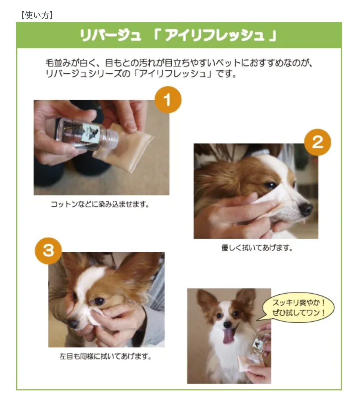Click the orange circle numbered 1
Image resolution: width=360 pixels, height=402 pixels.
[168, 100]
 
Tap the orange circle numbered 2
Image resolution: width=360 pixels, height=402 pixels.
[318, 142]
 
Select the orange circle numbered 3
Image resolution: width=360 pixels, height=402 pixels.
[48, 251]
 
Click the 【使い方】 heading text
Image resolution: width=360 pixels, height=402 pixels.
[37, 15]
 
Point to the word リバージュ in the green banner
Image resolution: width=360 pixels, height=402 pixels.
[110, 35]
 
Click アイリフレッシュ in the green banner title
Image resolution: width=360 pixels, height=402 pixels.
[215, 35]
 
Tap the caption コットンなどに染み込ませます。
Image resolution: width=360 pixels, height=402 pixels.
[100, 204]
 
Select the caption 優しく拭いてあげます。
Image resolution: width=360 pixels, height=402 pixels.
[257, 248]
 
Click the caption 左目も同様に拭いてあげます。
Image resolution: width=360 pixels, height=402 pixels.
[105, 356]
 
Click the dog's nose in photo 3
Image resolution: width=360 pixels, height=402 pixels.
[73, 324]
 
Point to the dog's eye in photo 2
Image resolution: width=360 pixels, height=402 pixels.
[271, 185]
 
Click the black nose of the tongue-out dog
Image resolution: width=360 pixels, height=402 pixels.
[227, 324]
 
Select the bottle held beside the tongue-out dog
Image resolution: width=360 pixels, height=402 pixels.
[260, 347]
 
